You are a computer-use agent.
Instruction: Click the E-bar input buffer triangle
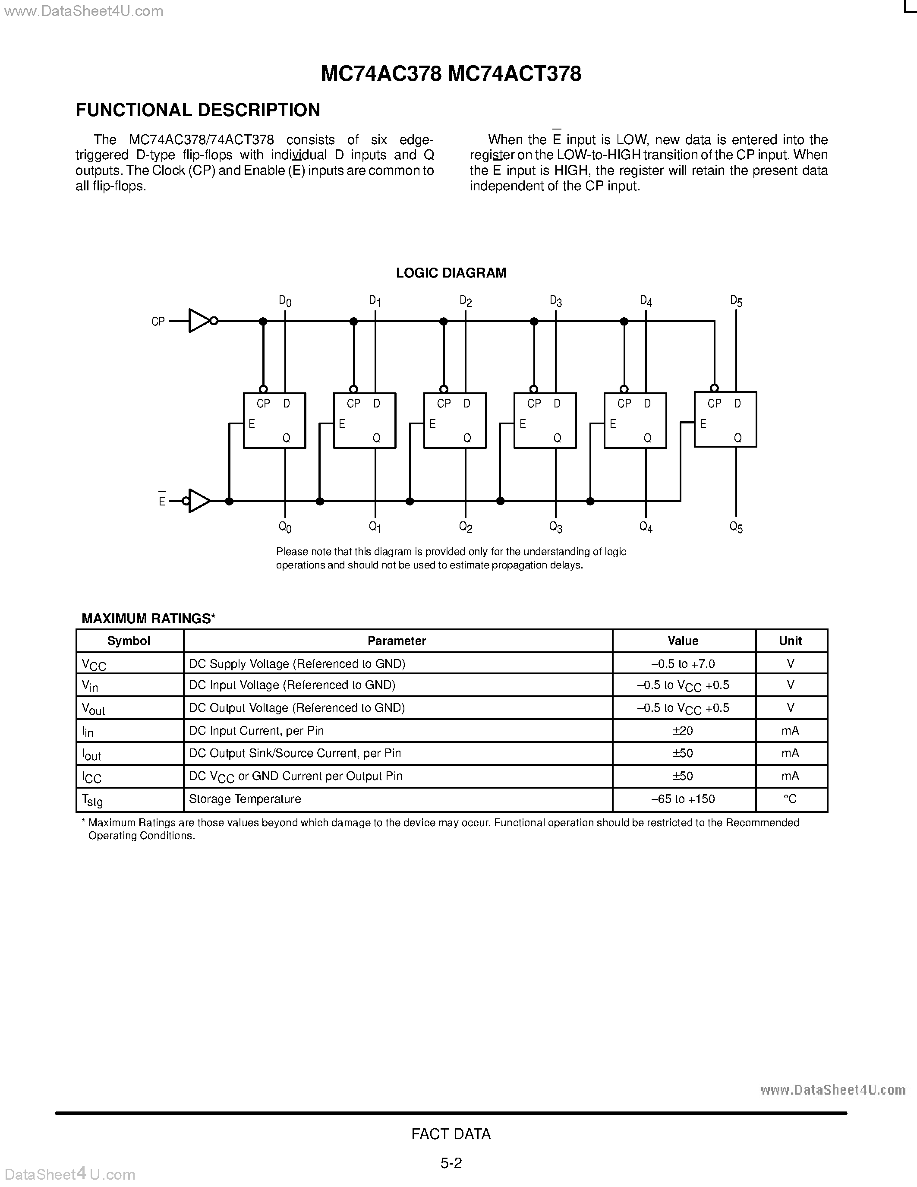199,501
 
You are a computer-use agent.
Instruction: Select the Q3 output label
555,527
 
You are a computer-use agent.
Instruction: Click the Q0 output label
285,527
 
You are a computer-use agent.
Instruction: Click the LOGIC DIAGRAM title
451,273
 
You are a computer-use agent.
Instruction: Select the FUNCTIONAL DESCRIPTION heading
198,110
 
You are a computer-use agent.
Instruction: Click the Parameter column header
397,641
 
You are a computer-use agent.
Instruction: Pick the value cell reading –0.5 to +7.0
683,663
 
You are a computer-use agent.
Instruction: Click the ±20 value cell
683,730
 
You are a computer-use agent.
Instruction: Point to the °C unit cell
791,799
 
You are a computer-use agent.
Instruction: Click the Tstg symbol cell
92,800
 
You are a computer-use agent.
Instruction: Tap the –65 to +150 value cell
683,799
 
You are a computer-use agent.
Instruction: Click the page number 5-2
451,1163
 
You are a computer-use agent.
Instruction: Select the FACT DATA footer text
451,1134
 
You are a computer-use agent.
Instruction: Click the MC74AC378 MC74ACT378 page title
451,74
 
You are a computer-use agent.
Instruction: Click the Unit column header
791,641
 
